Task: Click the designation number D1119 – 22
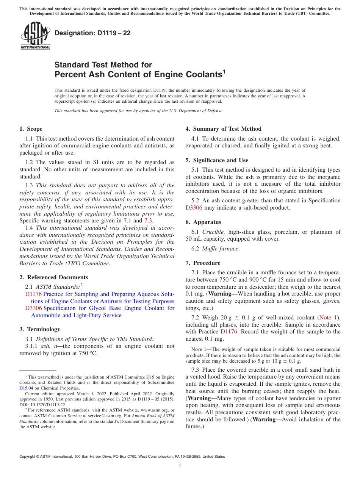(92, 33)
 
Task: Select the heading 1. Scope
(31, 129)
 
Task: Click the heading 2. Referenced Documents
(54, 277)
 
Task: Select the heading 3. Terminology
(40, 329)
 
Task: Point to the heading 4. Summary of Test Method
(223, 129)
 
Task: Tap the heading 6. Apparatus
(203, 222)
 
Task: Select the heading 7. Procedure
(203, 263)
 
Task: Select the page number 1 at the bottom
(180, 466)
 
